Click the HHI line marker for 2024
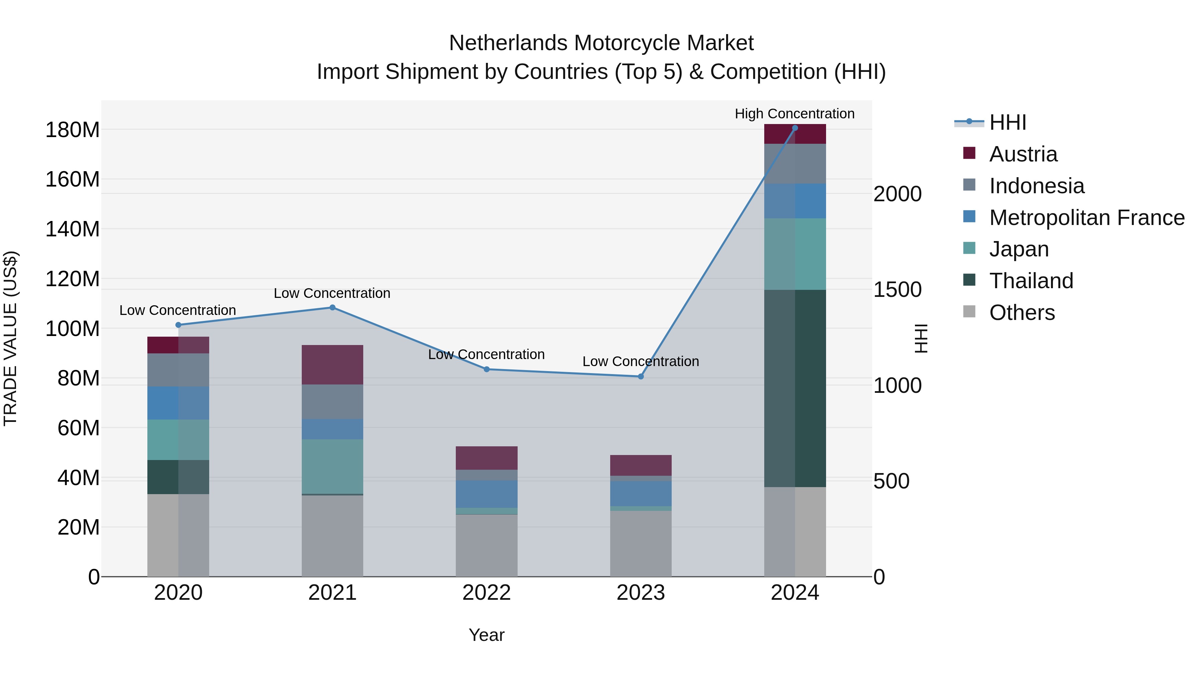coord(795,128)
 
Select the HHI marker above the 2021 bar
coord(332,308)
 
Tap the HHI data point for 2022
coord(487,369)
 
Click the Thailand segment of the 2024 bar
coord(795,388)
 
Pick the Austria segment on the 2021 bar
coord(332,364)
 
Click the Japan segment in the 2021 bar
coord(332,466)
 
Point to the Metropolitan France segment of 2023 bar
coord(641,493)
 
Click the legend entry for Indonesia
coord(1036,186)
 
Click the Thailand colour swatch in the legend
coord(969,280)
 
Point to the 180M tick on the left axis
coord(73,130)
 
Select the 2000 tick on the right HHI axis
coord(898,194)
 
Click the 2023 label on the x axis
coord(641,593)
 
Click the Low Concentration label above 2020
coord(177,310)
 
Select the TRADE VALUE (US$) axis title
coord(10,338)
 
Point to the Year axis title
coord(486,635)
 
